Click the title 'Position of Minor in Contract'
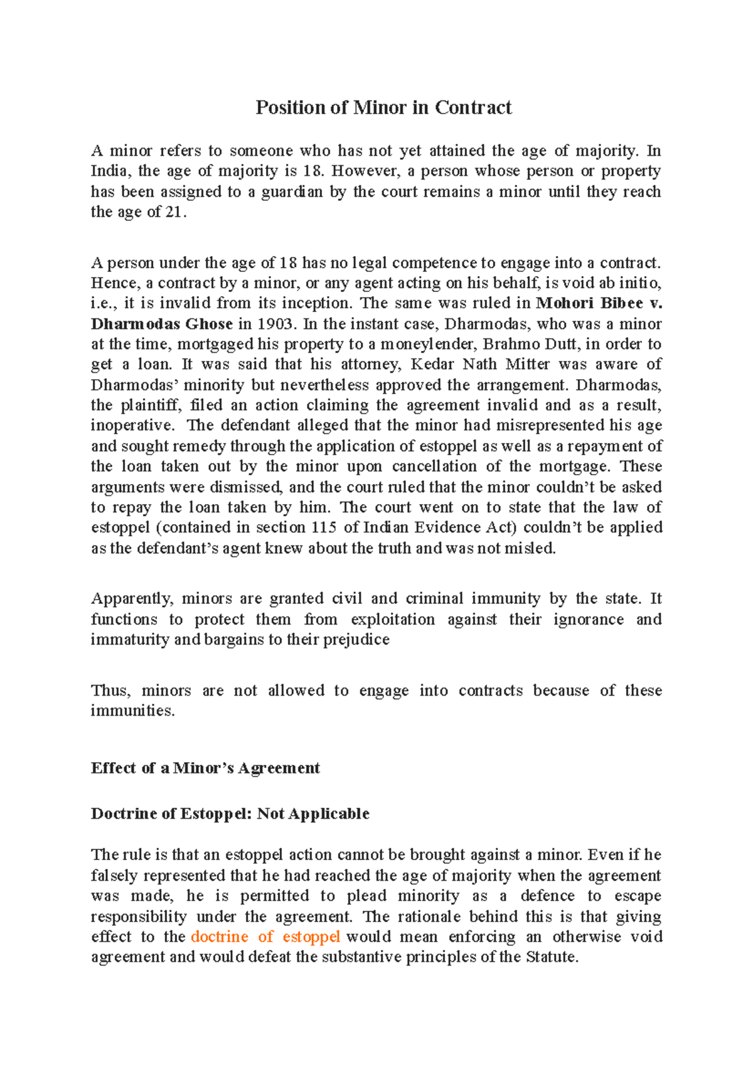(x=383, y=107)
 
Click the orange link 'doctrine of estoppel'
(x=265, y=937)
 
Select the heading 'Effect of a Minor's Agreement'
(x=205, y=768)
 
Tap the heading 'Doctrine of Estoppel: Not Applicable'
(x=230, y=814)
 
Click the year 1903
(x=274, y=324)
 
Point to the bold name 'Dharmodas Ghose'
(x=161, y=324)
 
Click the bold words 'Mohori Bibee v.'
(x=599, y=303)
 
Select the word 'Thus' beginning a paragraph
(x=110, y=691)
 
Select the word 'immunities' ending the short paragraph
(x=132, y=711)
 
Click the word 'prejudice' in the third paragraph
(x=356, y=640)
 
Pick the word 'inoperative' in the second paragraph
(x=132, y=426)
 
